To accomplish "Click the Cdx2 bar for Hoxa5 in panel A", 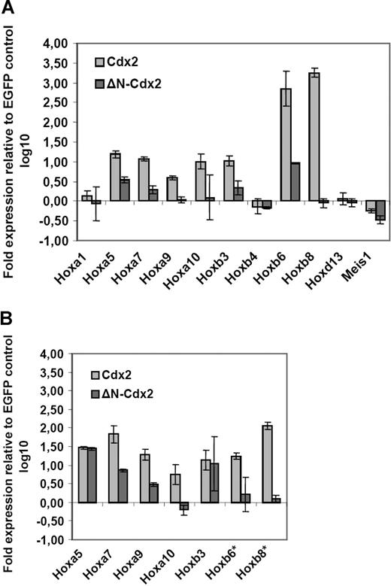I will click(x=115, y=177).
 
